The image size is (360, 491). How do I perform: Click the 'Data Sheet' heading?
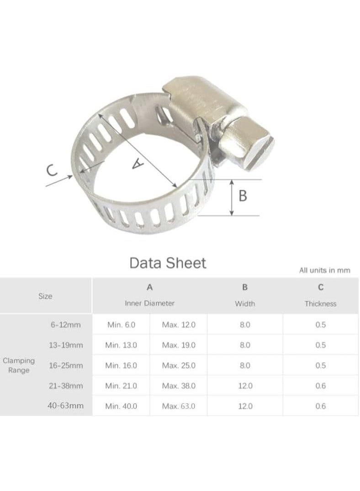click(x=168, y=263)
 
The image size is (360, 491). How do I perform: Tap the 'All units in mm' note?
click(x=325, y=270)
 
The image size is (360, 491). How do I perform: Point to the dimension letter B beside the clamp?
click(x=243, y=195)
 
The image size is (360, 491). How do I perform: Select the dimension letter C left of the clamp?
click(x=52, y=171)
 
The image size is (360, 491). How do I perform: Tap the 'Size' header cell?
click(x=45, y=296)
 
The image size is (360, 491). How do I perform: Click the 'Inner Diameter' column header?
click(x=150, y=303)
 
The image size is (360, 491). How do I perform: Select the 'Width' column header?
click(x=245, y=304)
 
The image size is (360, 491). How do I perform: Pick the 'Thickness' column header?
click(x=321, y=304)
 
